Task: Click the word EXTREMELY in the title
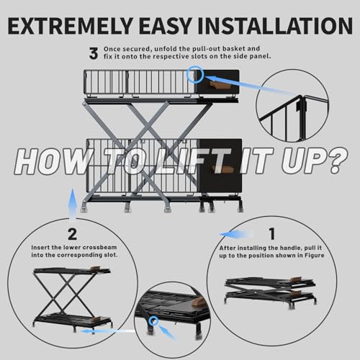point(71,26)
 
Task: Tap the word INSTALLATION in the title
point(275,26)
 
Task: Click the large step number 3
point(94,53)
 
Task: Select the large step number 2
point(72,234)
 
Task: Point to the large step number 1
point(272,234)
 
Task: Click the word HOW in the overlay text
point(52,161)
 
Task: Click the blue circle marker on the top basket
point(195,74)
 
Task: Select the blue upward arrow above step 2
point(73,203)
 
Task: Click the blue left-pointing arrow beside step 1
point(236,235)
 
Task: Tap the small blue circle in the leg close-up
point(153,320)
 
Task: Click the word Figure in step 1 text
point(315,256)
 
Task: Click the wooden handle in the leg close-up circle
point(198,302)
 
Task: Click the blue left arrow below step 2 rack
point(108,331)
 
